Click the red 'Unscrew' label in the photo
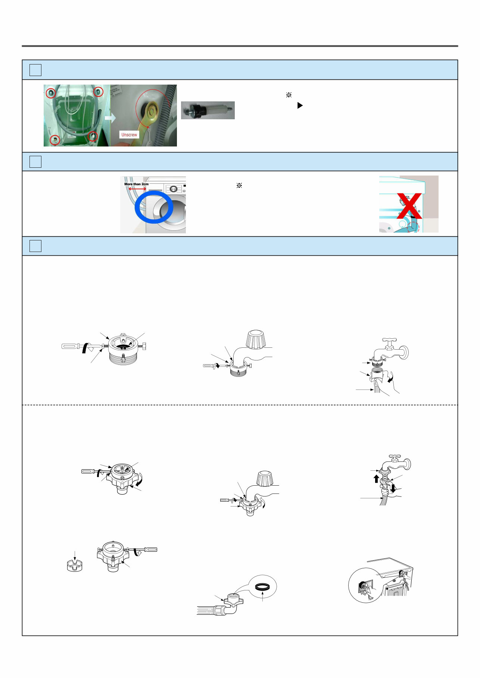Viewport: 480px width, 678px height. click(x=129, y=135)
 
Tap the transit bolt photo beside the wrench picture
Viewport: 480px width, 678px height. click(x=208, y=110)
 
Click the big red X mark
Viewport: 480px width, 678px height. click(x=409, y=206)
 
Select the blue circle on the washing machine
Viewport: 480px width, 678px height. click(x=154, y=207)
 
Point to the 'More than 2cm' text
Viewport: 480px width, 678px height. click(x=136, y=184)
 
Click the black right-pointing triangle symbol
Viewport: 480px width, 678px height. click(x=300, y=105)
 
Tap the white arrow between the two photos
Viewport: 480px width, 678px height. click(x=110, y=118)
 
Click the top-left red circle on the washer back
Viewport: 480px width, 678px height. click(x=51, y=92)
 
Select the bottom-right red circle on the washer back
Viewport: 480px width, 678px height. click(x=93, y=136)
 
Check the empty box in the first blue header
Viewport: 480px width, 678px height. click(x=35, y=70)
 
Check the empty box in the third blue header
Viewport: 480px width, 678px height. click(x=35, y=246)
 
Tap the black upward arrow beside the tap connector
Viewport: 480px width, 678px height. click(x=376, y=479)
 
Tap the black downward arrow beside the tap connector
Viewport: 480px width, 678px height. click(x=393, y=488)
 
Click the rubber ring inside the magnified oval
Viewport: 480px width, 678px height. click(x=262, y=587)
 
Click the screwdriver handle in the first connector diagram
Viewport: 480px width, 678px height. click(x=70, y=346)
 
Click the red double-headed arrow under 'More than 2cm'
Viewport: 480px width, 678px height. click(x=137, y=189)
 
